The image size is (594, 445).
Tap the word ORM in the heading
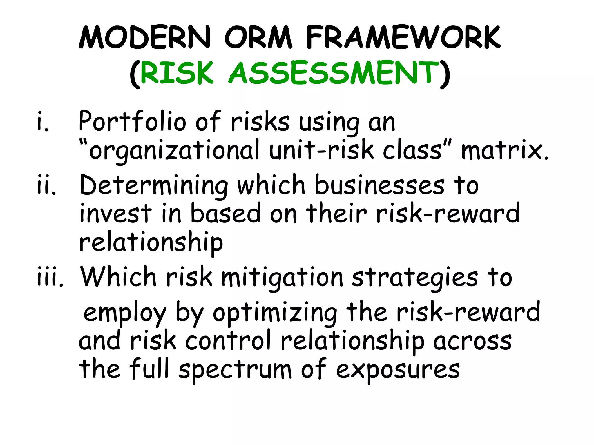[258, 38]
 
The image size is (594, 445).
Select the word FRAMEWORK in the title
[403, 38]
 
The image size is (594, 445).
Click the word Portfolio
[132, 122]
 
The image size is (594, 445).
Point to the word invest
[115, 214]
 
